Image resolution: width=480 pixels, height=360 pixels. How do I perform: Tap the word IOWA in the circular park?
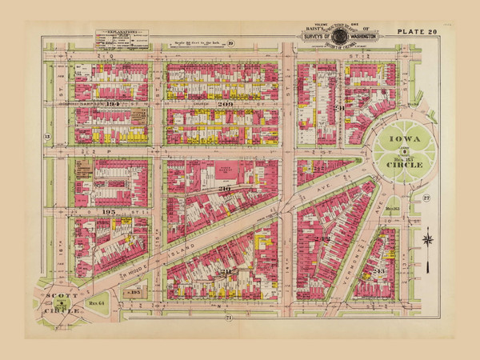[405, 138]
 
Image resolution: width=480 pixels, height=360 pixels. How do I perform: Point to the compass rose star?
[430, 238]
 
